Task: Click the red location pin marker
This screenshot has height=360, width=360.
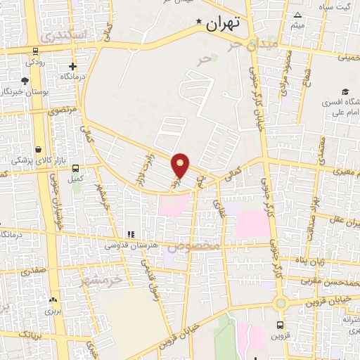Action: click(x=181, y=165)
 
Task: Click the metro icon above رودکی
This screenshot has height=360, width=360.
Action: click(x=34, y=51)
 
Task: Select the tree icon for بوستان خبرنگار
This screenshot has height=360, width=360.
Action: click(x=25, y=80)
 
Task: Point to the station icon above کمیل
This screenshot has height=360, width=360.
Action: click(x=75, y=168)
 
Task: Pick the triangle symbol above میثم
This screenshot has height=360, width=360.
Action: click(x=297, y=15)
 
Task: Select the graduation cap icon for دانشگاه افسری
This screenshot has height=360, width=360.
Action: click(x=345, y=91)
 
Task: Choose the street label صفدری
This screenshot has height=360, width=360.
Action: click(x=33, y=269)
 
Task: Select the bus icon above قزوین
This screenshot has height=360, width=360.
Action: click(x=281, y=325)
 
